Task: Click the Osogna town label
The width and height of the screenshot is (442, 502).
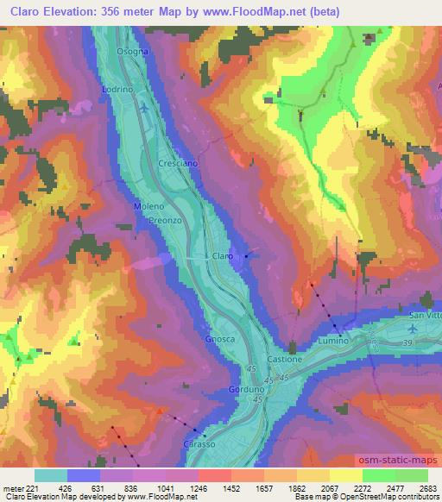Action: (133, 52)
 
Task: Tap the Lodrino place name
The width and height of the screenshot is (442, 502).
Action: (117, 90)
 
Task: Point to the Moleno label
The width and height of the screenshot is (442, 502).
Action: (148, 207)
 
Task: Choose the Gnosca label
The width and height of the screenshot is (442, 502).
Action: (220, 339)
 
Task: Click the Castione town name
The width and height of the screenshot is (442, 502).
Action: (285, 359)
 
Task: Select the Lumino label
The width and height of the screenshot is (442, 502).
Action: (335, 342)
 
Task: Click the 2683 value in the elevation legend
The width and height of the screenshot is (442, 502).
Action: (427, 487)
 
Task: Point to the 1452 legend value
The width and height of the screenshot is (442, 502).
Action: (230, 487)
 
